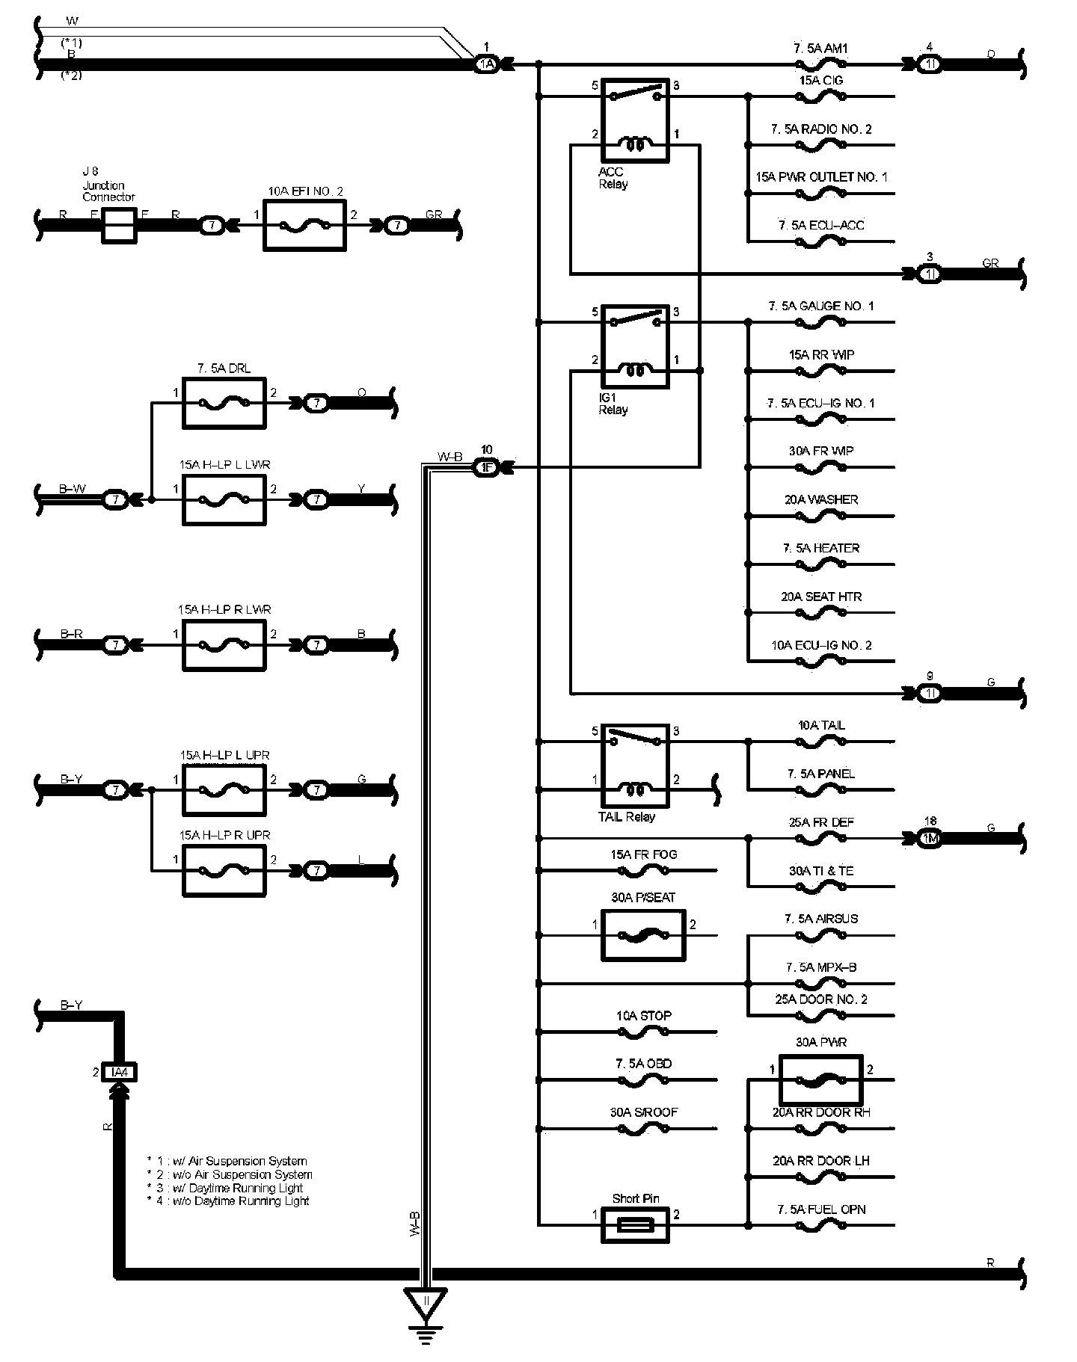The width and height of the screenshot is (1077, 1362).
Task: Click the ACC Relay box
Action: [635, 120]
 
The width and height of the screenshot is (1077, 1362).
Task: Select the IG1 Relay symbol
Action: [635, 346]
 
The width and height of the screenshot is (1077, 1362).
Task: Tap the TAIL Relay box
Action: [635, 766]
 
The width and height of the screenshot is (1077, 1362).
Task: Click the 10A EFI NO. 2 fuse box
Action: [304, 224]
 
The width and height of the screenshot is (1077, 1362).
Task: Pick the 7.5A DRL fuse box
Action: [224, 403]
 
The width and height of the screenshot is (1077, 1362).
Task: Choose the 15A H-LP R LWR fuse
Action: [224, 644]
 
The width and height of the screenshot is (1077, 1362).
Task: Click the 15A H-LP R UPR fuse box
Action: [224, 870]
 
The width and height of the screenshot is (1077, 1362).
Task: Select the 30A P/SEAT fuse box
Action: [643, 935]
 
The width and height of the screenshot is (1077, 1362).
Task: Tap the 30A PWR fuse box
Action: [820, 1079]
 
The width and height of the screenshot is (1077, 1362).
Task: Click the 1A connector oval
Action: [486, 65]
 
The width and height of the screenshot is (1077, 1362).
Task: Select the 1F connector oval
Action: [486, 468]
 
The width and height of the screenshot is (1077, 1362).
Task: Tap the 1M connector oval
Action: [930, 839]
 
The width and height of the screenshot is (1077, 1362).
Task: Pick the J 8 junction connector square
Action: [118, 225]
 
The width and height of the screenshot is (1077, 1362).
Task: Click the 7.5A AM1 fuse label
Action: [820, 49]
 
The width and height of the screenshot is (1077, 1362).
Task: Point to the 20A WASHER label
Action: [820, 499]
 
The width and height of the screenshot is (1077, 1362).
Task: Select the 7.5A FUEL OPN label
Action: [820, 1209]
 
